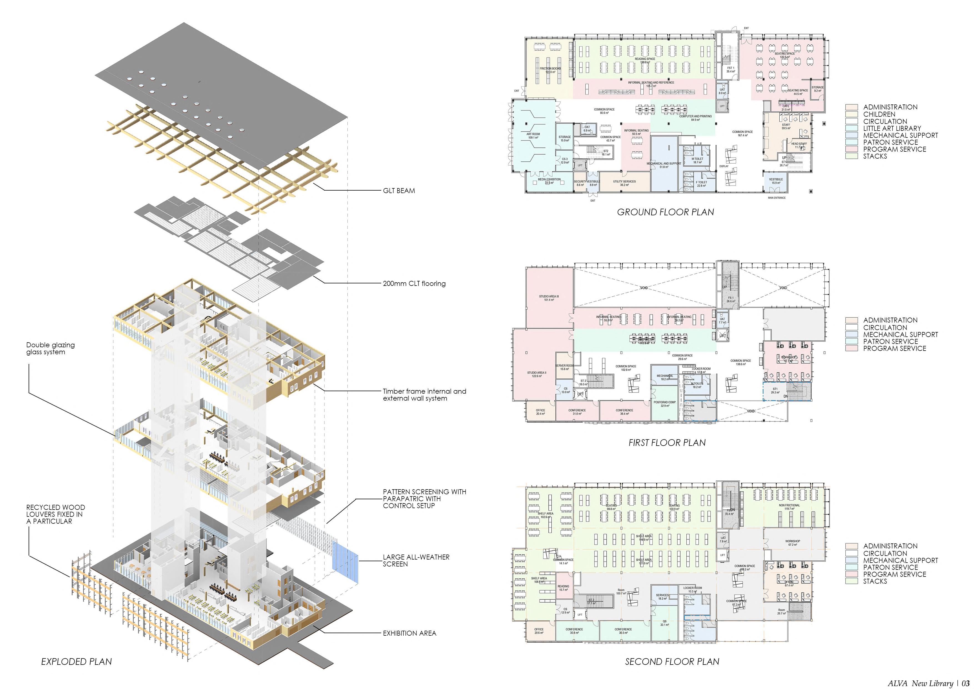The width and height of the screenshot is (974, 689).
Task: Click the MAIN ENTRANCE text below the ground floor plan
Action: (x=776, y=198)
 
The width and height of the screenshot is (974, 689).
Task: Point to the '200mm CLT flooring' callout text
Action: (x=414, y=284)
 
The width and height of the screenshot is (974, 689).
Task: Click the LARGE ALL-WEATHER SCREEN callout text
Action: (x=416, y=560)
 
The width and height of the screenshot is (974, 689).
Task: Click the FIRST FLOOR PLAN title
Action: (x=667, y=443)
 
